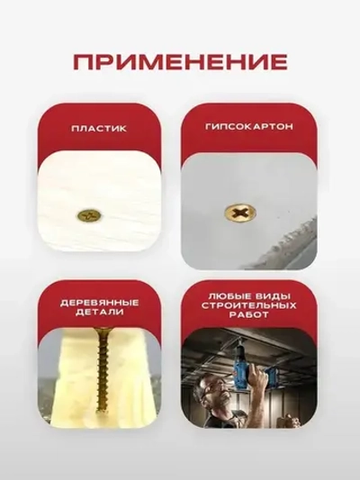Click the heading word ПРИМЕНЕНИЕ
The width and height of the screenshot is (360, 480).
click(180, 62)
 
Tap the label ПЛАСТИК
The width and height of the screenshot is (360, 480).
click(99, 128)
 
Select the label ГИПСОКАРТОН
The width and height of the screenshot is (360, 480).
click(248, 128)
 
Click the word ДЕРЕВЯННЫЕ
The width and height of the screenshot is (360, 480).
click(99, 303)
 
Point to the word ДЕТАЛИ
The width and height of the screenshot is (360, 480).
click(99, 315)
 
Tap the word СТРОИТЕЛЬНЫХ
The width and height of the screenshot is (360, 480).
click(248, 307)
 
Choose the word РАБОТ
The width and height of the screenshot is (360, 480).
click(248, 318)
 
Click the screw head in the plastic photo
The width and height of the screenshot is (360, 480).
click(89, 217)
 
